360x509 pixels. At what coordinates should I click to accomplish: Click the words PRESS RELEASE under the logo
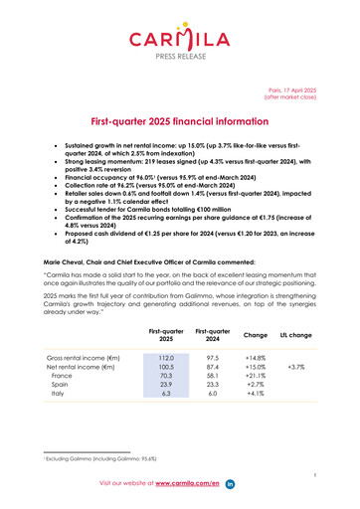[x=180, y=57]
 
